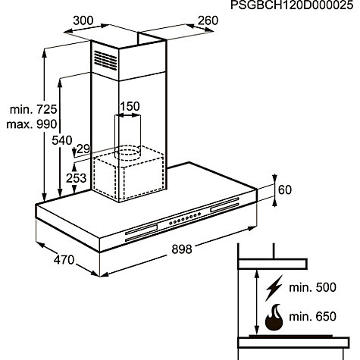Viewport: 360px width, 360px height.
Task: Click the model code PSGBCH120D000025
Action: coord(292,5)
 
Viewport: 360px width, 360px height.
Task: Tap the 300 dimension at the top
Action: coord(83,20)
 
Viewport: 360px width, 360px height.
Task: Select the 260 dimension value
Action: coord(208,20)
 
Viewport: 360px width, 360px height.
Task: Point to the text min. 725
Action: coord(33,109)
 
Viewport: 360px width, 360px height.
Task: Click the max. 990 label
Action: coord(32,124)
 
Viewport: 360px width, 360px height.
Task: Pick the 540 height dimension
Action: coord(62,140)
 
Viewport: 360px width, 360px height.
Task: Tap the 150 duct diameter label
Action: coord(130,106)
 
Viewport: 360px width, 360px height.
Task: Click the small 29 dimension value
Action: coord(83,149)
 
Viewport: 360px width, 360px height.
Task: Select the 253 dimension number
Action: coord(76,178)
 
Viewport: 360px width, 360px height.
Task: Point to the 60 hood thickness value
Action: coord(285,189)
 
